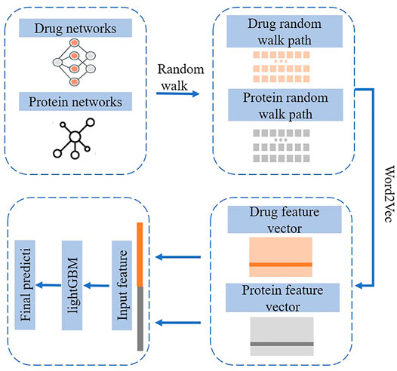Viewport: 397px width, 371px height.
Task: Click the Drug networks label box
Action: [75, 28]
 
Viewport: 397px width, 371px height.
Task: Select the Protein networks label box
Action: [75, 101]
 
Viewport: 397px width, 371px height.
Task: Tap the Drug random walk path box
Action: [285, 32]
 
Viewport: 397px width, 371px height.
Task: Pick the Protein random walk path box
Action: [285, 105]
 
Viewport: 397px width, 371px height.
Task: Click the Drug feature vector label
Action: [285, 219]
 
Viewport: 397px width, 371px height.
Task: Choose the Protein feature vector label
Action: [282, 297]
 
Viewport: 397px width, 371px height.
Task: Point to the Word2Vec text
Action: [389, 194]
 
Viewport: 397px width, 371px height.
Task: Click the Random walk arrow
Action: [177, 94]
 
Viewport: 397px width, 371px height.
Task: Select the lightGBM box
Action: [72, 285]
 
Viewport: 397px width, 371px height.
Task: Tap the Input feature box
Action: [122, 285]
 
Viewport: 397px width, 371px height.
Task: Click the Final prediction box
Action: [25, 285]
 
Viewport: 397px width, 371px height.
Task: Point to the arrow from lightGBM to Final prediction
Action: [48, 285]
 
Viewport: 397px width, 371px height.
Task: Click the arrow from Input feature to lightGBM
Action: [97, 286]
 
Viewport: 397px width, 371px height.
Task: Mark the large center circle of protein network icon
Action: [75, 136]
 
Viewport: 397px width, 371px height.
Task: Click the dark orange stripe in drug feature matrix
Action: [281, 265]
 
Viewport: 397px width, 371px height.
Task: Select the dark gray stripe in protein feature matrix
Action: [282, 344]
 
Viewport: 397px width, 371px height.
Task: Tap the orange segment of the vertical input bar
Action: [140, 255]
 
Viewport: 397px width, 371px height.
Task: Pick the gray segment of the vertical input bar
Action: [140, 319]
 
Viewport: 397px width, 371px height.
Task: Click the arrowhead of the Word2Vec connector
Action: [359, 286]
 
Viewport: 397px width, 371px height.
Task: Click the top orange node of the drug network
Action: [74, 42]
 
